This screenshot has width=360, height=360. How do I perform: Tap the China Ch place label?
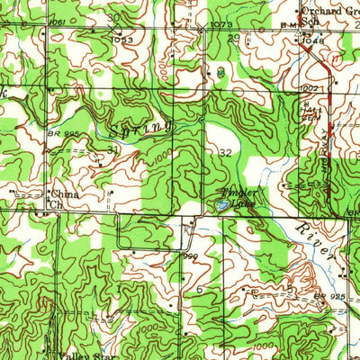tap(62, 198)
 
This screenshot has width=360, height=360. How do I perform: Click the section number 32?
tap(224, 153)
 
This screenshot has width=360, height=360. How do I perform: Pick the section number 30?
tap(112, 17)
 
